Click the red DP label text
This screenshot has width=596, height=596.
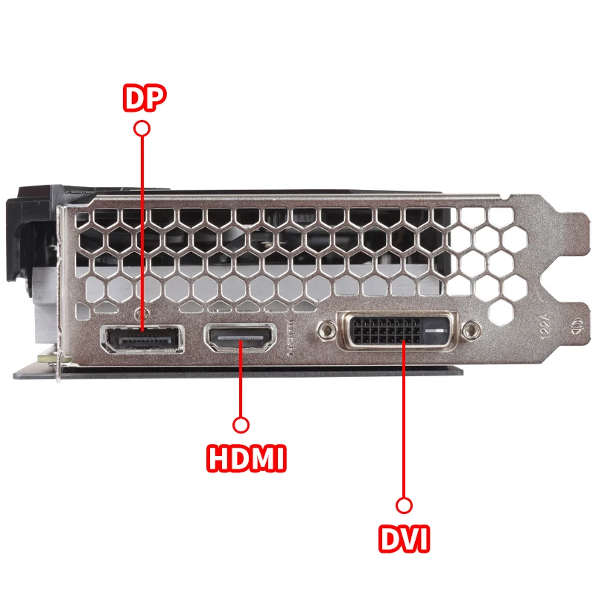(145, 98)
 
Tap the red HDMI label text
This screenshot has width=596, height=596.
(247, 457)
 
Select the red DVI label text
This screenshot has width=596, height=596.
(404, 538)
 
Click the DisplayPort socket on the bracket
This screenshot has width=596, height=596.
(142, 338)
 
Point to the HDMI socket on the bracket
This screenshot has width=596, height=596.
(240, 337)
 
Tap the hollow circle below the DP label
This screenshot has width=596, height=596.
(142, 128)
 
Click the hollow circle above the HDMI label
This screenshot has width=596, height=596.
(241, 425)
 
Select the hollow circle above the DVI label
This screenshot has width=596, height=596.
(404, 506)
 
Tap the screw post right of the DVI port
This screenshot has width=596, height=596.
(472, 329)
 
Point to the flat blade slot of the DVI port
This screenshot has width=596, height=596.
(434, 330)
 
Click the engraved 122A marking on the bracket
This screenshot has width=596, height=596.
(545, 326)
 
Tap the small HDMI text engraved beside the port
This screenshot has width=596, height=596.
(291, 338)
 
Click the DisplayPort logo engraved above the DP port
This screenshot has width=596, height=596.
(142, 314)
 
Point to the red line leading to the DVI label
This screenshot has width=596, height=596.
(404, 419)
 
